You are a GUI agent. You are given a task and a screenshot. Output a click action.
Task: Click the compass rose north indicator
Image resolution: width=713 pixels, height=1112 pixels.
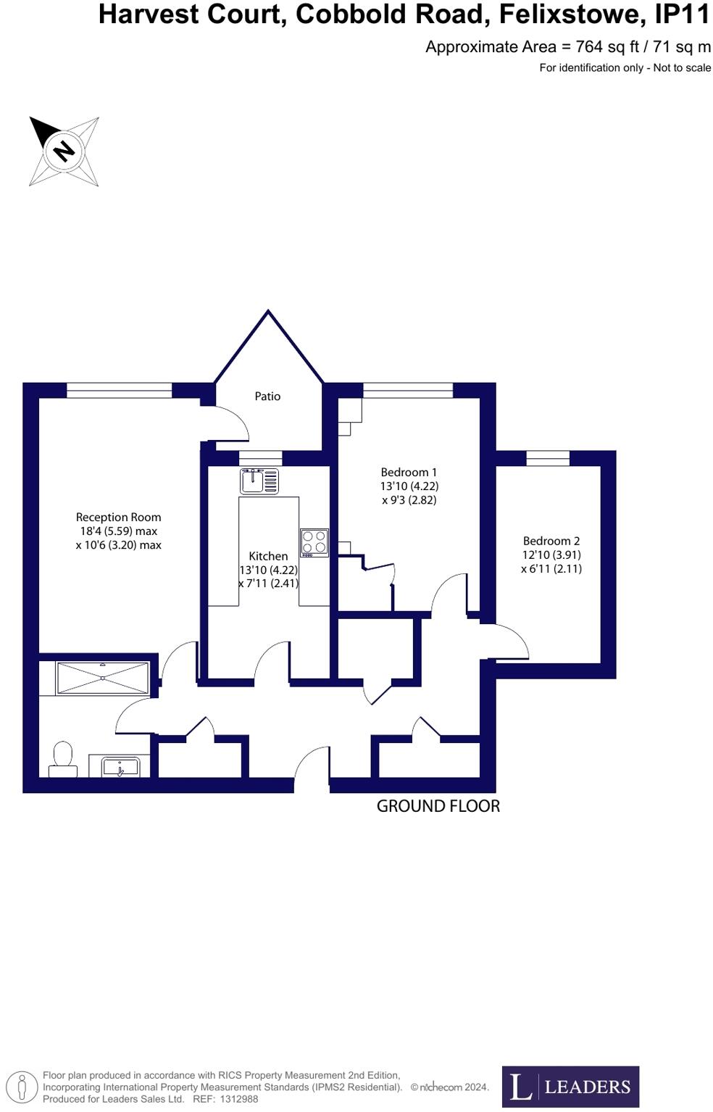point(64,151)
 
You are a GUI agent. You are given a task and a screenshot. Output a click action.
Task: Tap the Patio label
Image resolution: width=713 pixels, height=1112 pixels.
point(267,397)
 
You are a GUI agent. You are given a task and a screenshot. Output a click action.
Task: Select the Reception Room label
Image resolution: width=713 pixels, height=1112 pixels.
point(118,518)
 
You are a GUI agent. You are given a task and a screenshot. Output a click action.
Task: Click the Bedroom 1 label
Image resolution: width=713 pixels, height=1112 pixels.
point(409,473)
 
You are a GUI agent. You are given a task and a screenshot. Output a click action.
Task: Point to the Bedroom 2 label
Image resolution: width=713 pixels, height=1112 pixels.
point(551,541)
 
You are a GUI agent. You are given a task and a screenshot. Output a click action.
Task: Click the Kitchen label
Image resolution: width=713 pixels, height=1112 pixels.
point(268,556)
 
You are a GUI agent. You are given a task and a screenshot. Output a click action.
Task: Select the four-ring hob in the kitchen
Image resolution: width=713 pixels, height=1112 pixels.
point(314,543)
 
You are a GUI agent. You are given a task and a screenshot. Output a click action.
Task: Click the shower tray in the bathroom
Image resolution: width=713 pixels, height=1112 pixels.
point(102,678)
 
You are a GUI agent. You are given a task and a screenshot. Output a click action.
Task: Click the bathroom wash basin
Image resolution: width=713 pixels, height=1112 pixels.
point(120,765)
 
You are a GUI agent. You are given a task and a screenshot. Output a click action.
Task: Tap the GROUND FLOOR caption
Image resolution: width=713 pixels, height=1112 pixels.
point(438,806)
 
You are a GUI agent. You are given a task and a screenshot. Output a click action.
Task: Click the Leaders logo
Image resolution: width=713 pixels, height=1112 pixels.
point(570,1087)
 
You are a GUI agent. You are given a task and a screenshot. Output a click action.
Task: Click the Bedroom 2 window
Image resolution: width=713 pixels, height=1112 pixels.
point(547,458)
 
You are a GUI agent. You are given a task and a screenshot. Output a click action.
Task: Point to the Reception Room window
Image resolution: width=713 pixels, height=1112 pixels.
point(120,391)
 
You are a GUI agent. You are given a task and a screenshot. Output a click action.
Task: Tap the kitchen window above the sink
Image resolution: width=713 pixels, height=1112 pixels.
point(260,457)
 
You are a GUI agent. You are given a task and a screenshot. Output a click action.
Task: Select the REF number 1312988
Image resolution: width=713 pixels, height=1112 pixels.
point(239,1099)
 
